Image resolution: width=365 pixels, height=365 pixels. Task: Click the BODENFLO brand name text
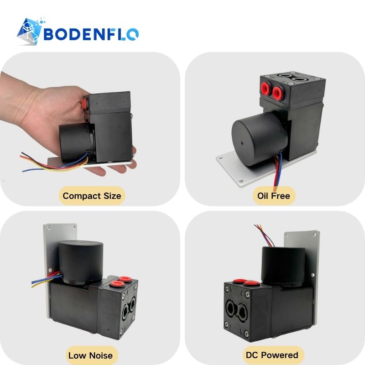tap(91, 34)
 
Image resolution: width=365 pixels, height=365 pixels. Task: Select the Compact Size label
tap(92, 196)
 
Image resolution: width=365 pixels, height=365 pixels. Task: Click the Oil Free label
tap(274, 196)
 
